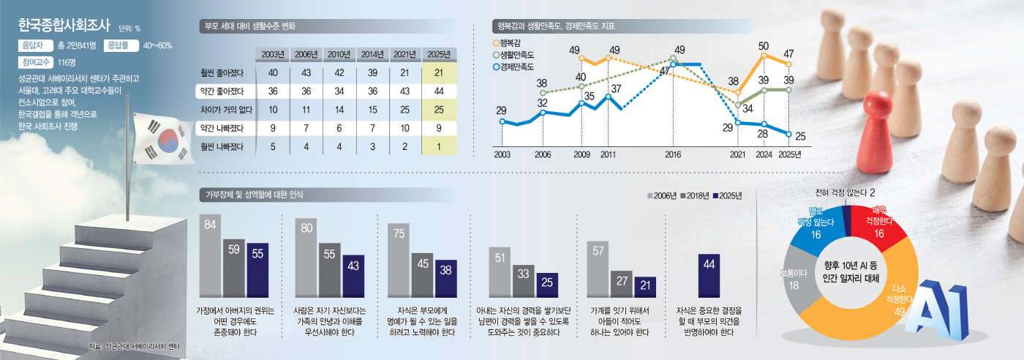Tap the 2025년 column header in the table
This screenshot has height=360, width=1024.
coord(440,54)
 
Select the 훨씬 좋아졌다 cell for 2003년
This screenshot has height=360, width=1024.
coord(272,72)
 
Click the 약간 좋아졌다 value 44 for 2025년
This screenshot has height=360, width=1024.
coord(440,91)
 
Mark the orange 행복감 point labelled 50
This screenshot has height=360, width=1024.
coord(764,55)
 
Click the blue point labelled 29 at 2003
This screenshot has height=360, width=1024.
coord(502,121)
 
